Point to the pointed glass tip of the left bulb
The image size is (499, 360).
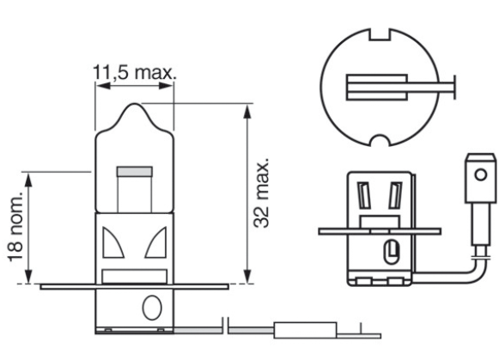tap(133, 107)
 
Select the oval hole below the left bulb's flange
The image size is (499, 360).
tap(152, 306)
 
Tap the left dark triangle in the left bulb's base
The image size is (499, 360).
tap(110, 244)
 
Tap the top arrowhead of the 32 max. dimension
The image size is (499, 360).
tap(248, 110)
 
